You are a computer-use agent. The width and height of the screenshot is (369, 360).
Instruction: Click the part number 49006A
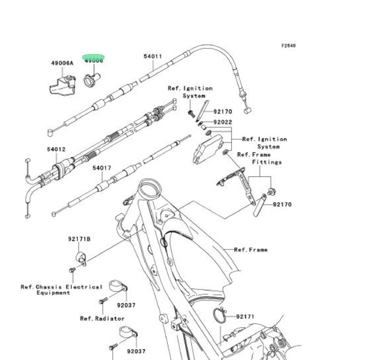pyautogui.click(x=62, y=63)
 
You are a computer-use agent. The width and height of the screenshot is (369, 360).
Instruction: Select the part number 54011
pyautogui.click(x=152, y=56)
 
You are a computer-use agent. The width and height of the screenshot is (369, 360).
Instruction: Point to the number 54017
pyautogui.click(x=102, y=167)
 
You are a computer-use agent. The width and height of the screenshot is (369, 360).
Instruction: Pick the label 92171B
pyautogui.click(x=79, y=239)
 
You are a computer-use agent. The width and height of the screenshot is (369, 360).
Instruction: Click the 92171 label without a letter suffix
pyautogui.click(x=245, y=317)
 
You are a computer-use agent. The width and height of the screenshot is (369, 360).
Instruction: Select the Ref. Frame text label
pyautogui.click(x=250, y=250)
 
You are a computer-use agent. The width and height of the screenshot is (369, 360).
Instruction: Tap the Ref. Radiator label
pyautogui.click(x=102, y=319)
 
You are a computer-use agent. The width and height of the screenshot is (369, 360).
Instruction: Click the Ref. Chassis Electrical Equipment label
pyautogui.click(x=61, y=290)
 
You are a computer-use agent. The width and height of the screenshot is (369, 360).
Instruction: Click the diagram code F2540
pyautogui.click(x=288, y=46)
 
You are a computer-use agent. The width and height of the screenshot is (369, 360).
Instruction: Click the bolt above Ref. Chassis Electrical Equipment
pyautogui.click(x=72, y=270)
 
